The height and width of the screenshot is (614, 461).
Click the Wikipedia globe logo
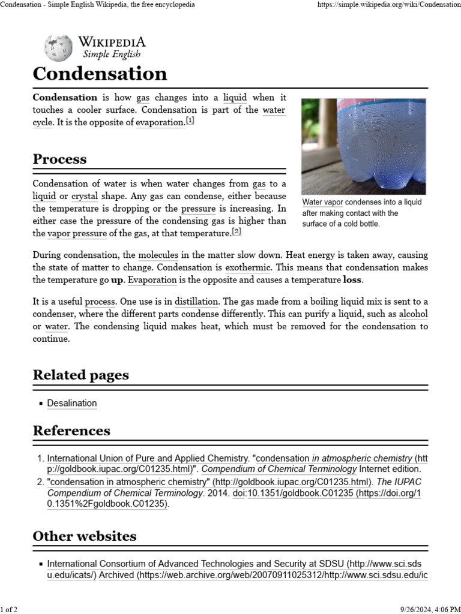click(58, 49)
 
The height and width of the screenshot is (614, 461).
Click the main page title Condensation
click(100, 74)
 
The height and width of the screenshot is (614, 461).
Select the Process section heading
click(59, 159)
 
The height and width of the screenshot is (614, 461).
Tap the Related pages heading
click(80, 375)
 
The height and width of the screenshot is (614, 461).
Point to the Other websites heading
click(84, 535)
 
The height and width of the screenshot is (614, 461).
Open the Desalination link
click(71, 404)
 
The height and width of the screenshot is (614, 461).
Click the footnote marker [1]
click(190, 121)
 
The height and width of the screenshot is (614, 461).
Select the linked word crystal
click(84, 196)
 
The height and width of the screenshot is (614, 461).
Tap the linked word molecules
click(158, 255)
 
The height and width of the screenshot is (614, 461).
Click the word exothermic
click(248, 267)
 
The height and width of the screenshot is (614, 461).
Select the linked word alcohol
click(413, 314)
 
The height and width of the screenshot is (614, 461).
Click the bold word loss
click(353, 280)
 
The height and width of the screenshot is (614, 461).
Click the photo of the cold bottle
click(364, 146)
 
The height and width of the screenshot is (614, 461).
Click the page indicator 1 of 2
click(9, 609)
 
